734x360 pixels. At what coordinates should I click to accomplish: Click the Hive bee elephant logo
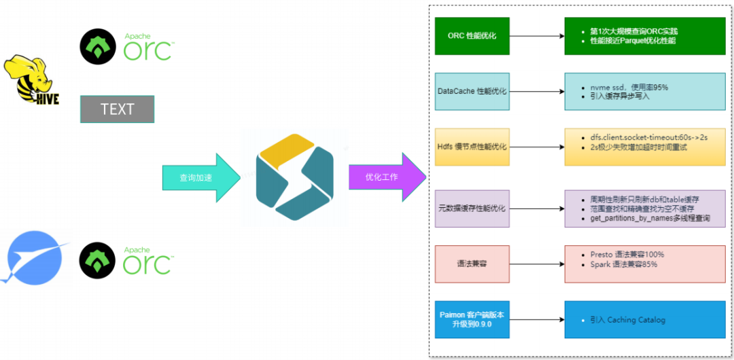point(31,82)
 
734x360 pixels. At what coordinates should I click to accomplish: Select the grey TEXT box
point(117,109)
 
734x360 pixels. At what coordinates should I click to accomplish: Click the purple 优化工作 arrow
point(387,177)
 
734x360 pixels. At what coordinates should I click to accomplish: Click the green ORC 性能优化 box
point(472,35)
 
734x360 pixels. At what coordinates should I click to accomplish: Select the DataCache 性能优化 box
point(472,91)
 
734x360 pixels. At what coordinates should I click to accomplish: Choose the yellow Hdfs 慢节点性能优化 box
point(472,147)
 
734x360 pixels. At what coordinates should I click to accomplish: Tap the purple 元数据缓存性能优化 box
point(472,209)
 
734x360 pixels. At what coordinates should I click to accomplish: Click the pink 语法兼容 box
point(472,264)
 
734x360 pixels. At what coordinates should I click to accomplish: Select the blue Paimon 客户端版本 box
point(472,319)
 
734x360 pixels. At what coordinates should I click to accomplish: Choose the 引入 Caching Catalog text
point(627,319)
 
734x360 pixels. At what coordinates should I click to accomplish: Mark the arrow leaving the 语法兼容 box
point(537,264)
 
